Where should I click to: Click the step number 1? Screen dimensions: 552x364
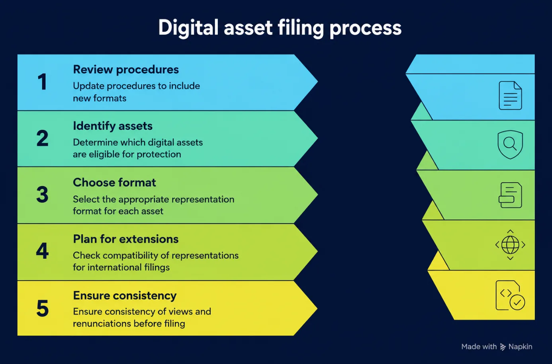tap(42, 82)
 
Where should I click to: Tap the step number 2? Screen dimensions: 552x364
tap(42, 138)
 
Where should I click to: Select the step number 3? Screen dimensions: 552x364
tap(42, 195)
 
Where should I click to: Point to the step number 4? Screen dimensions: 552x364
tap(42, 251)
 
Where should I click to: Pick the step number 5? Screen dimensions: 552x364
tap(42, 308)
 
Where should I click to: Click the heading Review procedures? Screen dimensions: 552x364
tap(126, 70)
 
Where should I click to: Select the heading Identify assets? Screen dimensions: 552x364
tap(113, 126)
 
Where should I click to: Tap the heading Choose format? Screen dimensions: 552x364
tap(114, 182)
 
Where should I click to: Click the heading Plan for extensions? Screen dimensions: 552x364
tap(126, 239)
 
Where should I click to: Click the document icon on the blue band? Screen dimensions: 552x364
tap(510, 95)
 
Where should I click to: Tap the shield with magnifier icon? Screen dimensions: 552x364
tap(510, 144)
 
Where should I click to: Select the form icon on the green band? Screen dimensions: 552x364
tap(510, 195)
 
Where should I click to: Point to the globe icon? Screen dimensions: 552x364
tap(510, 245)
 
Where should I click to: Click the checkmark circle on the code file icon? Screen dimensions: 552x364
tap(517, 302)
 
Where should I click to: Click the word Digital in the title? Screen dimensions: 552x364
tap(188, 27)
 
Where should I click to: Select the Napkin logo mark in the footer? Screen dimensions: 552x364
tap(503, 347)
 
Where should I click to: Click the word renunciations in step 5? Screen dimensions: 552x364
tap(101, 323)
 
